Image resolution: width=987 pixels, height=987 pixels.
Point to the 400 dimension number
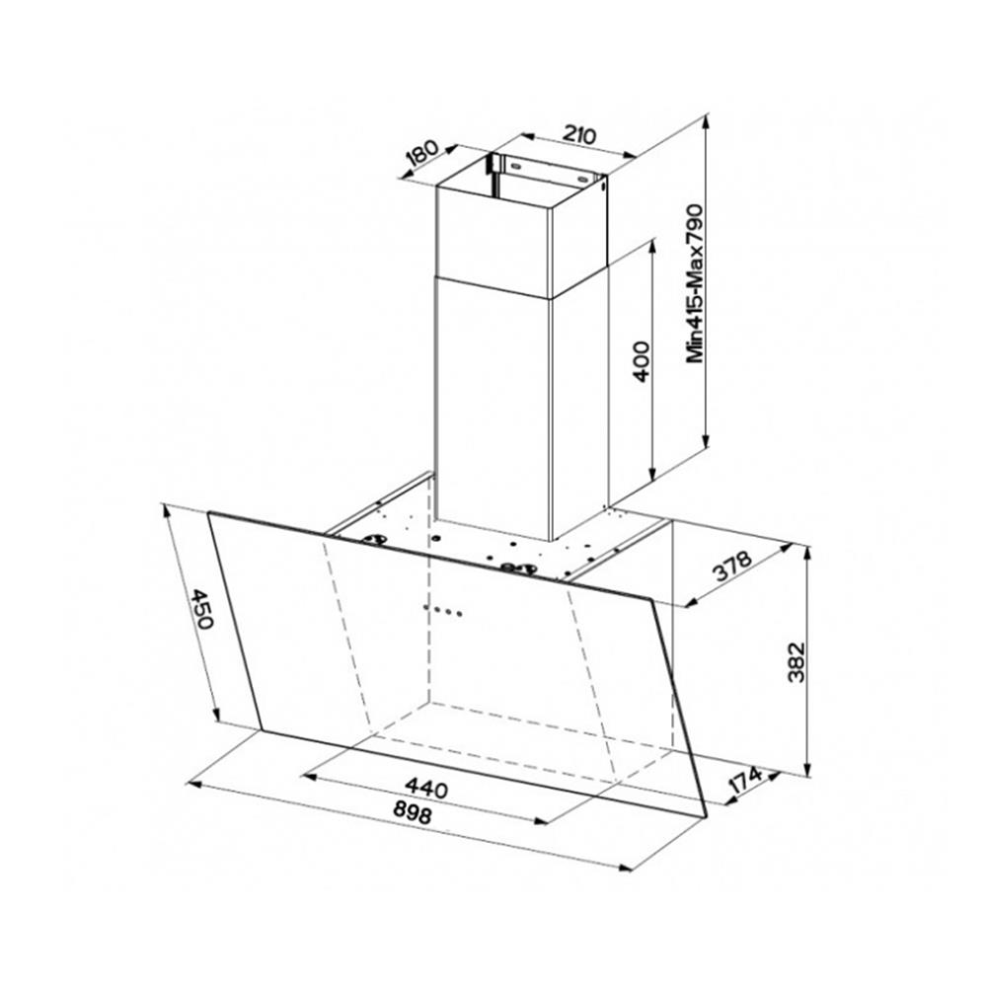coord(641,361)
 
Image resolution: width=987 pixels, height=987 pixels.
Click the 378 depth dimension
coord(732,566)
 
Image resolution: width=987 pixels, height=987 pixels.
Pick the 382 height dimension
coord(797,662)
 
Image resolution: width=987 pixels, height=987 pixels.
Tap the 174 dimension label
coord(745,782)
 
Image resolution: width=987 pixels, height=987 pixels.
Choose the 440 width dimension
coord(425,788)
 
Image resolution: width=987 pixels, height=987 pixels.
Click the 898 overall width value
coord(413,813)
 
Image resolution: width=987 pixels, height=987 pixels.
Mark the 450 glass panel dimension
coord(202,609)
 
